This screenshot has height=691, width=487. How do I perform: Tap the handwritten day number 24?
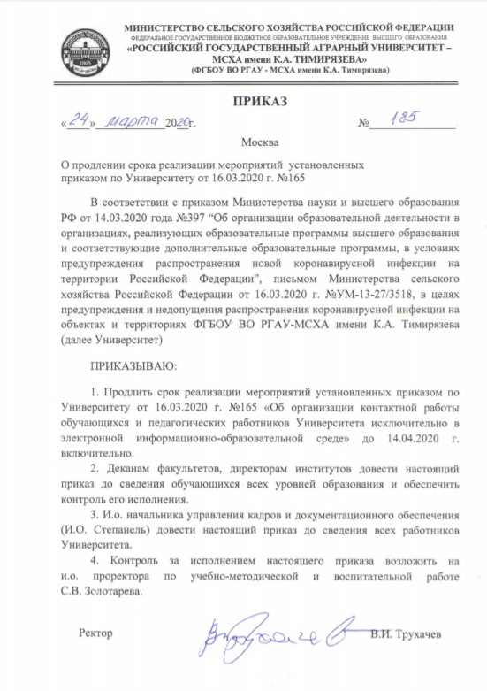(x=80, y=121)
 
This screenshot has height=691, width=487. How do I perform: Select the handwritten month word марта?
(x=131, y=121)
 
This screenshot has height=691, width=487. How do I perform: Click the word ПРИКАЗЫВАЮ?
(x=134, y=365)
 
